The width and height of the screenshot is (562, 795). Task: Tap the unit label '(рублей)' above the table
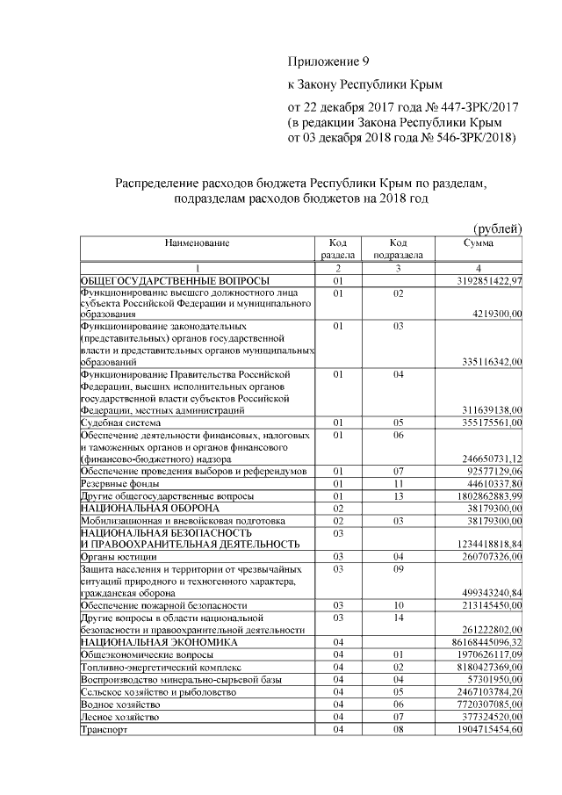pos(498,228)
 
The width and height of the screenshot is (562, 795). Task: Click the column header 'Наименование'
pos(198,242)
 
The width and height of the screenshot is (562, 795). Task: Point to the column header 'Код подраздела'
pos(399,249)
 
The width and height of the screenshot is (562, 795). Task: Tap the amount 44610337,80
pos(492,483)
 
